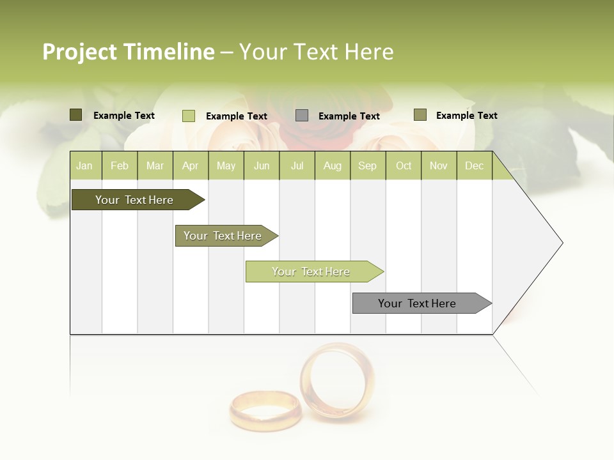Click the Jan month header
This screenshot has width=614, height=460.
tap(84, 165)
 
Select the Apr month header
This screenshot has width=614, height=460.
tap(190, 165)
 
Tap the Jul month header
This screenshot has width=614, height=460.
tap(297, 165)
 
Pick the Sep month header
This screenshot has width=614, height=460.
tap(367, 165)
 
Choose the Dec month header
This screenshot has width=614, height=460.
tap(474, 165)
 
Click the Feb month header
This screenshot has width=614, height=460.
tap(120, 165)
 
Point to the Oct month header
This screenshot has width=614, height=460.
tap(404, 165)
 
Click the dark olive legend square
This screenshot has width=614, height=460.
tap(75, 115)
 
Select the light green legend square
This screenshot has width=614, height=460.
tap(188, 116)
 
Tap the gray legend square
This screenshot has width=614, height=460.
tap(302, 116)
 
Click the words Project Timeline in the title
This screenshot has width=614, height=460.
tap(128, 52)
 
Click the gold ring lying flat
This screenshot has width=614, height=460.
tap(265, 410)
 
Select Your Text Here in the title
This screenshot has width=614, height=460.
tap(316, 52)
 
